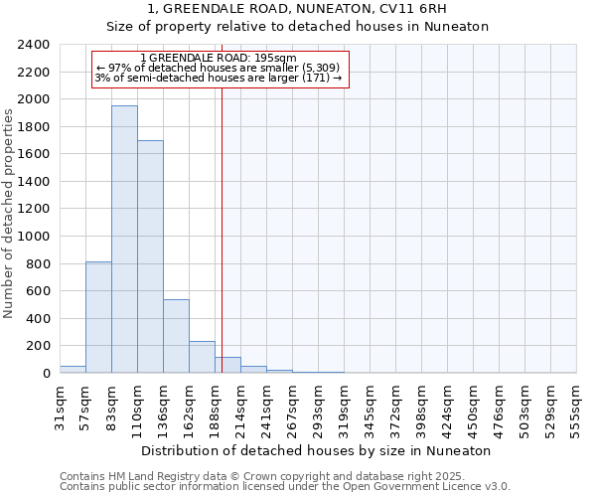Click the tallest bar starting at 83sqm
(124, 239)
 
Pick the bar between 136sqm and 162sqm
(176, 336)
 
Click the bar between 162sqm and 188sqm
(202, 357)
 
